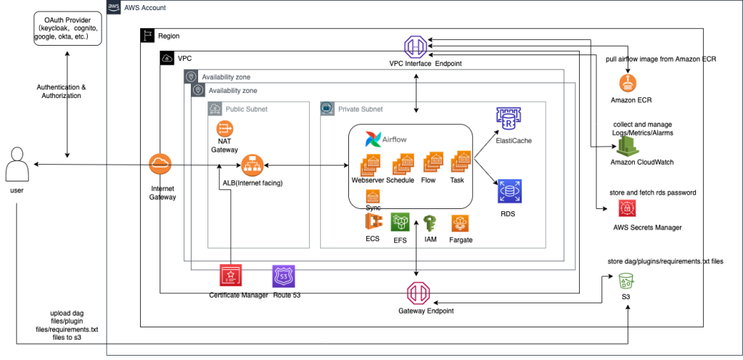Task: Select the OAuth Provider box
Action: pos(67,28)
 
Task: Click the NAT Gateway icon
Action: pos(223,129)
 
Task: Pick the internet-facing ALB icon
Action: pos(252,165)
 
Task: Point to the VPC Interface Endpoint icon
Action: pos(416,46)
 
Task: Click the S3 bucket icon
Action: pos(625,281)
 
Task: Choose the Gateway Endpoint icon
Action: pos(416,293)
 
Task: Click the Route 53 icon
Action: pos(283,277)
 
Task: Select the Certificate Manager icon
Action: pos(231,277)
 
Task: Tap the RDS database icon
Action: pos(509,191)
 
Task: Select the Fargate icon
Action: pos(460,224)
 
